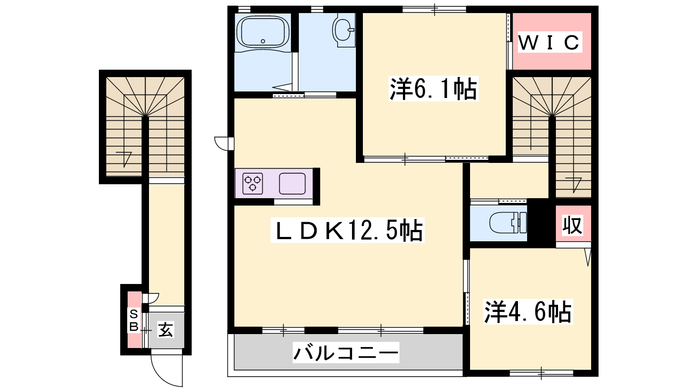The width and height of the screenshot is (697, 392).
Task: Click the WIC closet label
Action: pyautogui.click(x=550, y=42)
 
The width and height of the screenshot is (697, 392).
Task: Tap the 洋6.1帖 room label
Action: pyautogui.click(x=433, y=89)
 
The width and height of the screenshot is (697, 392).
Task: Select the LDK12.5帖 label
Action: pyautogui.click(x=348, y=230)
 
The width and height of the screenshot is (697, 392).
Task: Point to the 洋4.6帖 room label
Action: pyautogui.click(x=528, y=311)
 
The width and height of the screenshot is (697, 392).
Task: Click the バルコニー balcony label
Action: pyautogui.click(x=346, y=352)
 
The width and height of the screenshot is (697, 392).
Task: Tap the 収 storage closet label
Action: pyautogui.click(x=572, y=225)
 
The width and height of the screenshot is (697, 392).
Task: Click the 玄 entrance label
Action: pyautogui.click(x=166, y=329)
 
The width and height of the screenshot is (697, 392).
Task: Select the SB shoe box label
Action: pyautogui.click(x=134, y=321)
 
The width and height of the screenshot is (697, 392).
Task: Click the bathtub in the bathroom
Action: pyautogui.click(x=263, y=32)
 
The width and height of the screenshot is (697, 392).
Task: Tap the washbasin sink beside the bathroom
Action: pyautogui.click(x=344, y=30)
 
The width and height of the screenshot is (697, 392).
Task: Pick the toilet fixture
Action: pyautogui.click(x=508, y=223)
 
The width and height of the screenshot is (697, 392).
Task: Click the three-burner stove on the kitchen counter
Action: pyautogui.click(x=253, y=183)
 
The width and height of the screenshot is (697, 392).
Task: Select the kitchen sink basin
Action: pyautogui.click(x=292, y=183)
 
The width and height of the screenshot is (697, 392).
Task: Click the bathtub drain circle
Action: pyautogui.click(x=263, y=41)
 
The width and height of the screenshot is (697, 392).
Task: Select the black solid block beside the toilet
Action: pyautogui.click(x=541, y=223)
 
